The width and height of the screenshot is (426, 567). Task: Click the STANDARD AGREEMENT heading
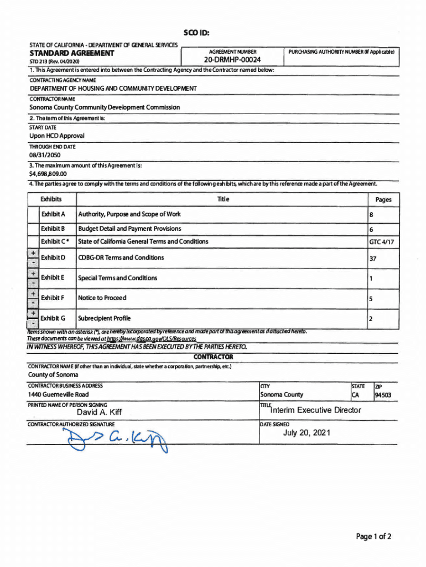(x=71, y=54)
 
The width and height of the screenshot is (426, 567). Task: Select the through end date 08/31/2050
(x=46, y=156)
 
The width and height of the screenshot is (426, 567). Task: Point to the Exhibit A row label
(x=53, y=214)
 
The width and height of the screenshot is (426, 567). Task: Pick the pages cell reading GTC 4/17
(x=382, y=242)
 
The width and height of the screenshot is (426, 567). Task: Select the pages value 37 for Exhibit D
(x=373, y=258)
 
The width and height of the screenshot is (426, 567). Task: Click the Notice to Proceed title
(x=102, y=298)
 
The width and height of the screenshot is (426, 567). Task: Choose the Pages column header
(x=383, y=200)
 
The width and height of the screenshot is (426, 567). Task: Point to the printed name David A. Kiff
(x=100, y=413)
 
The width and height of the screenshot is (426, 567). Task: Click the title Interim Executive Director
(x=315, y=410)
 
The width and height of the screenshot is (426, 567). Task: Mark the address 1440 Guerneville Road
(x=58, y=395)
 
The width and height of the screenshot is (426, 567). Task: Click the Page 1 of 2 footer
(x=374, y=537)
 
